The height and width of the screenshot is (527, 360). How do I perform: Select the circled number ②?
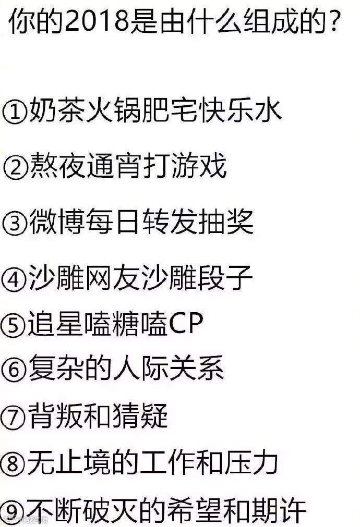click(x=15, y=168)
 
